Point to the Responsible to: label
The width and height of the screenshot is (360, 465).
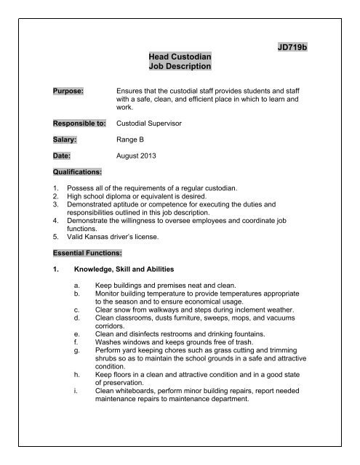coord(76,124)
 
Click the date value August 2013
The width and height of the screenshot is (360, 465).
coord(140,156)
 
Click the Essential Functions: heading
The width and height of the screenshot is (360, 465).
coord(80,255)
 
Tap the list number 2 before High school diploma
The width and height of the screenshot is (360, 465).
coord(47,198)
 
